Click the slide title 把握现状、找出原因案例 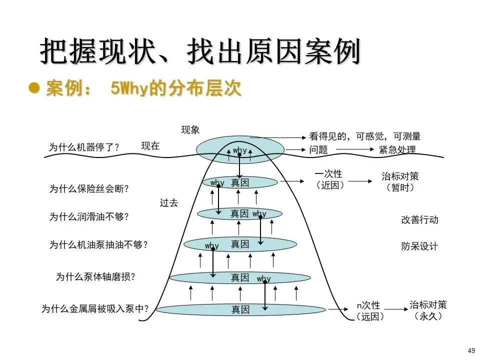pos(199,52)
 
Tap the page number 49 pos(471,350)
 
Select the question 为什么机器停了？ pos(84,147)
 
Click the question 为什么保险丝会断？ pos(89,189)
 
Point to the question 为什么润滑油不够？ pos(89,217)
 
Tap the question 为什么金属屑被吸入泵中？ pos(95,309)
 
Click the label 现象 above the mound pos(190,130)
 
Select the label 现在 pos(150,146)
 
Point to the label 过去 pos(169,203)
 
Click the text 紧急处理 pos(397,149)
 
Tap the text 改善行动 pos(419,220)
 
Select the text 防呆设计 pos(419,246)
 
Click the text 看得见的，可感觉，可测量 pos(365,136)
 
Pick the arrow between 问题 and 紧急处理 pos(354,149)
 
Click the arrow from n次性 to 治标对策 pos(395,310)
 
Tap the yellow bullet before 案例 pos(34,88)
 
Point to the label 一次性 pos(328,174)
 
